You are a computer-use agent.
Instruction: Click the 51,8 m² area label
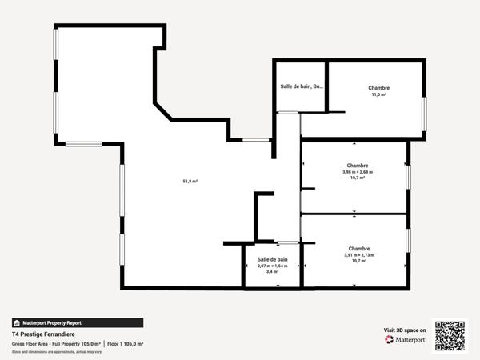click(190, 182)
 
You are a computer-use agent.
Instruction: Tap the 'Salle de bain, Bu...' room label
click(302, 86)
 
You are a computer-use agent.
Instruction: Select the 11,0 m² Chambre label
click(378, 94)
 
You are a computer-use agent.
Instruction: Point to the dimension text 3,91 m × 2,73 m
click(359, 255)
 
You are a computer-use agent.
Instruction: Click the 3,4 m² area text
click(272, 272)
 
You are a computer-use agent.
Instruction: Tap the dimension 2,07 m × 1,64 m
click(272, 266)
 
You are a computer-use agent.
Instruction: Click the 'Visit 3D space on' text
click(405, 329)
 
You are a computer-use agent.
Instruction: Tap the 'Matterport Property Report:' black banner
click(78, 322)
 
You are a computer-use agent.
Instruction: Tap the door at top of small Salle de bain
click(287, 242)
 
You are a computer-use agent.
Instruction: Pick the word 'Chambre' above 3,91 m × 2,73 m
click(359, 248)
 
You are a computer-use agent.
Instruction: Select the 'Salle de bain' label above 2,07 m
click(272, 259)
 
